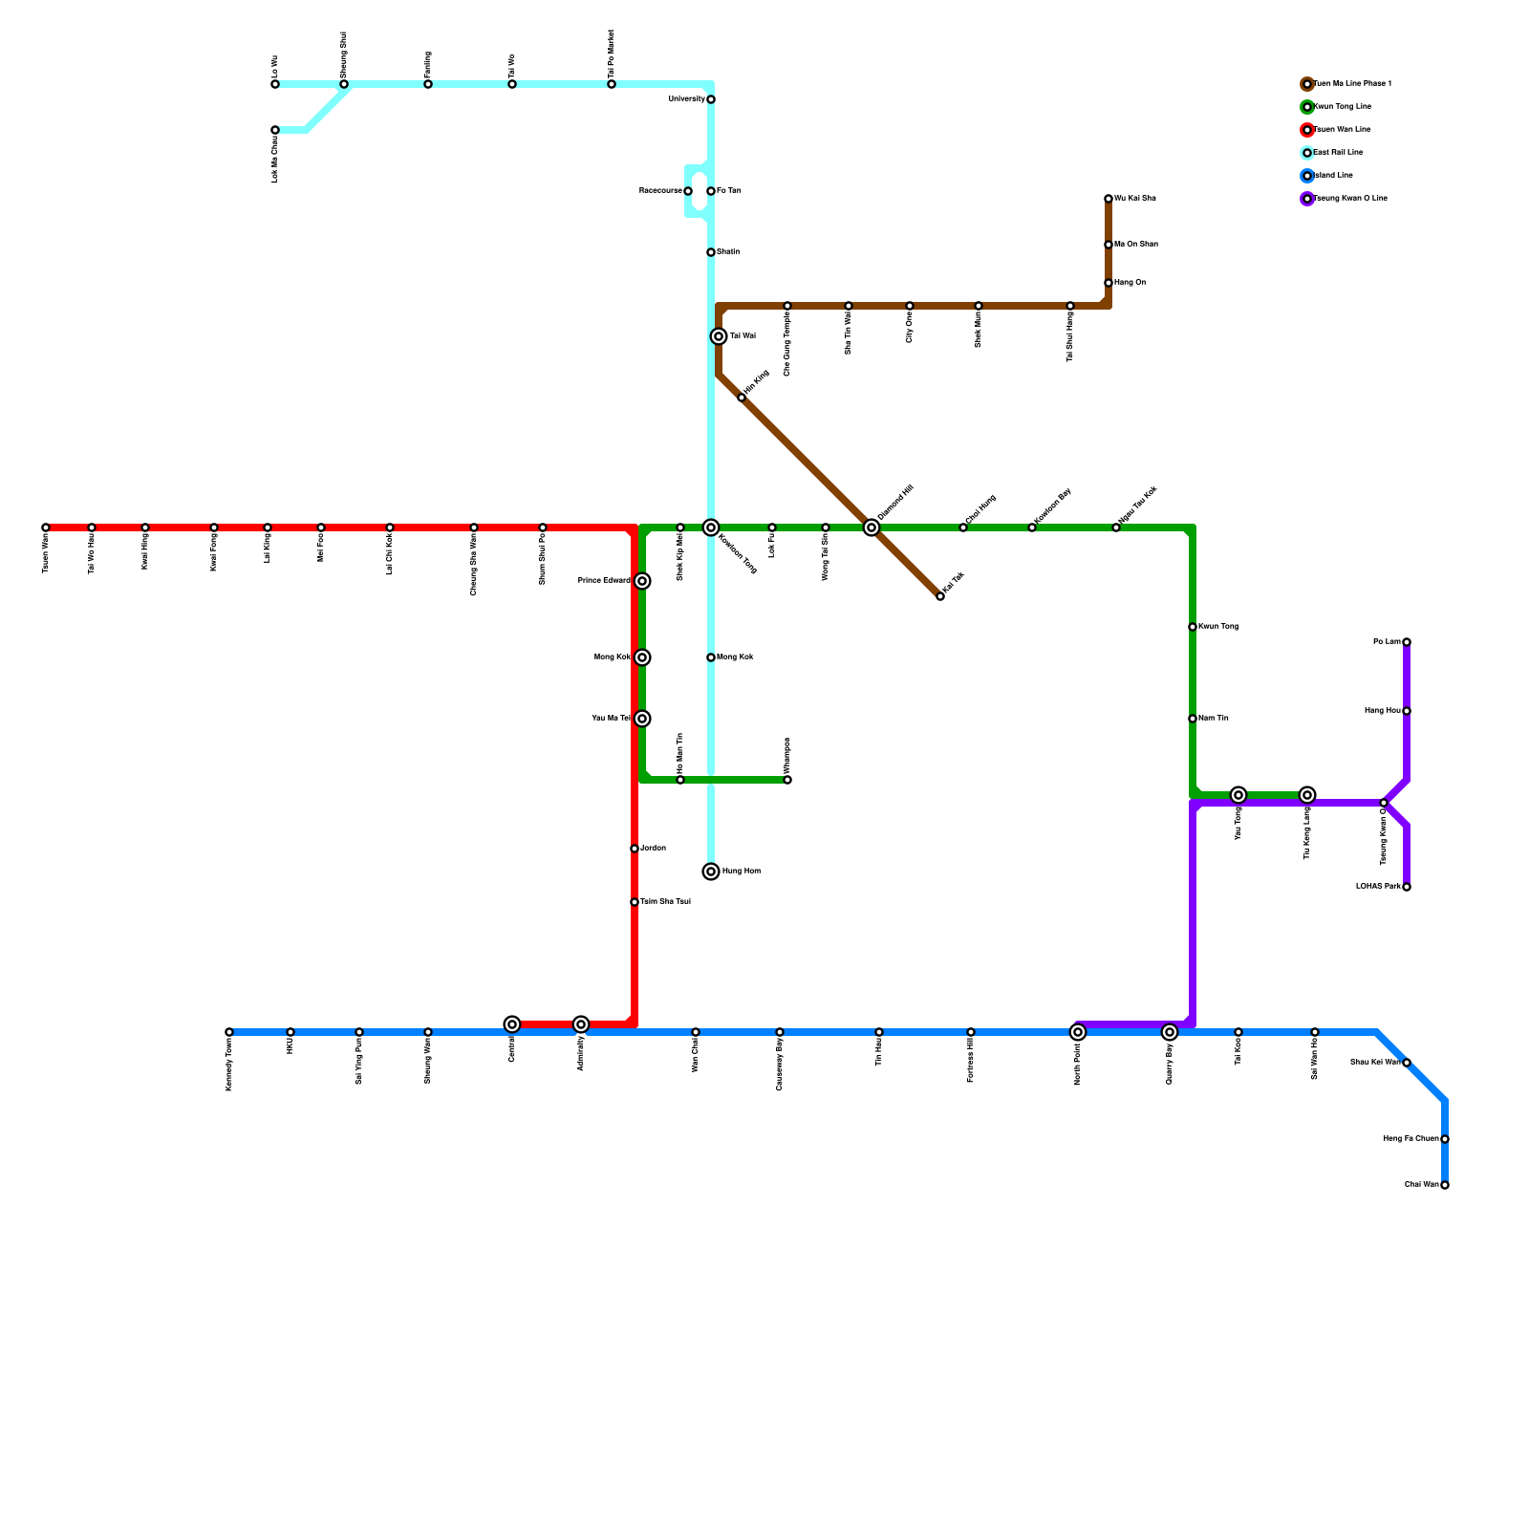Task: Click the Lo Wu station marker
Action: pos(275,84)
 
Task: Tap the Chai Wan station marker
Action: pos(1445,1185)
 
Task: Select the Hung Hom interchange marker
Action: pos(711,872)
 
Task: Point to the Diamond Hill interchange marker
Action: pos(872,528)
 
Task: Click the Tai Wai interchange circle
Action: pos(719,336)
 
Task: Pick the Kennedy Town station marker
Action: pos(229,1032)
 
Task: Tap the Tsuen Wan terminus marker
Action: pos(46,528)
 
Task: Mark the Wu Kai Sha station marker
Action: pos(1109,199)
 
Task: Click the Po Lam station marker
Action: pos(1407,642)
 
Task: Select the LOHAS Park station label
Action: pos(1378,887)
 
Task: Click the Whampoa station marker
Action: pos(787,780)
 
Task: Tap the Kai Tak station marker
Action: pos(940,596)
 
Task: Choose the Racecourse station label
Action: pos(659,191)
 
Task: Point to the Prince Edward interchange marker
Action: pos(642,581)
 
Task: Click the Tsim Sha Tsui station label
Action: pos(666,902)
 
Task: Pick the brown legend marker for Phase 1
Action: pos(1307,84)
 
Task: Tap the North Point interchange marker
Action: pos(1078,1032)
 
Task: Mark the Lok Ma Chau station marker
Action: pos(275,130)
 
